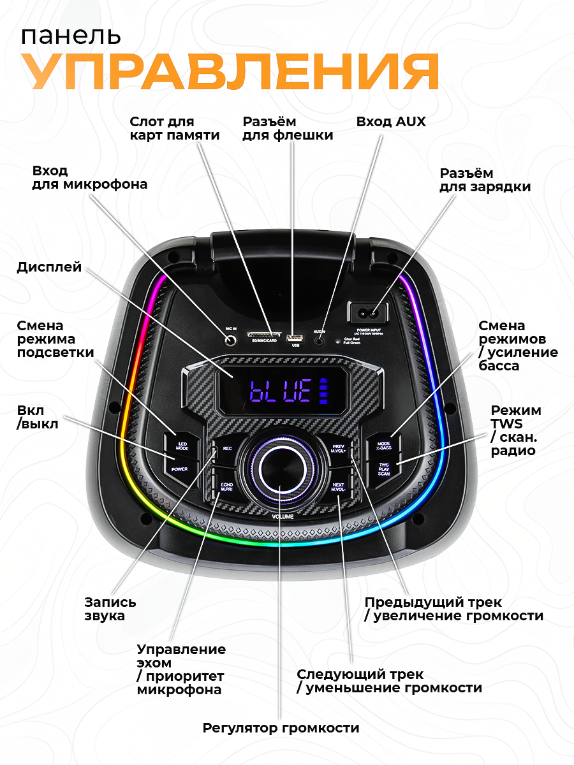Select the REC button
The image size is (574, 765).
click(227, 449)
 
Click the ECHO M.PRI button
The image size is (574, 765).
click(226, 488)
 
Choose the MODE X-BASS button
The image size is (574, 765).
click(383, 444)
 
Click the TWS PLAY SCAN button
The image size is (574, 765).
click(383, 470)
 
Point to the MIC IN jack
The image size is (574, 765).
click(232, 340)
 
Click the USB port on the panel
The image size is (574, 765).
click(295, 337)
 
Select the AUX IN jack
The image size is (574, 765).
click(321, 340)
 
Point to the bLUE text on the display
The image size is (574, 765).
click(280, 390)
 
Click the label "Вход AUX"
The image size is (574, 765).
click(390, 121)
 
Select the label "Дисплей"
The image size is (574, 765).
click(49, 266)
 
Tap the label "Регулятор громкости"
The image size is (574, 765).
click(281, 727)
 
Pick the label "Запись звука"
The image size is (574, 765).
click(110, 609)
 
